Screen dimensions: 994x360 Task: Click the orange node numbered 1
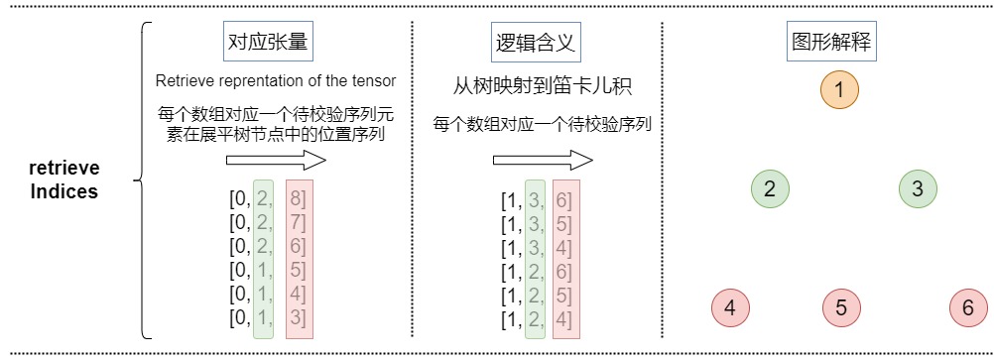(x=838, y=90)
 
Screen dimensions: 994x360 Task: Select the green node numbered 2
(x=770, y=188)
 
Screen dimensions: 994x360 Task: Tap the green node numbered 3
(x=918, y=188)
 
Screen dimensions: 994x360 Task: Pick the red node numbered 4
(x=730, y=308)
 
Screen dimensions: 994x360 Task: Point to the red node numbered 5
(x=841, y=308)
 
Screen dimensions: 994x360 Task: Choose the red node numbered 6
(x=968, y=308)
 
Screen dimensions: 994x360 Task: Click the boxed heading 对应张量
(x=268, y=43)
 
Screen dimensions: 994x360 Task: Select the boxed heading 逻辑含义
(x=535, y=43)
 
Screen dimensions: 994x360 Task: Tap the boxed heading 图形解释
(x=831, y=43)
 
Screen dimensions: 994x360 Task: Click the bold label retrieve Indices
(x=64, y=180)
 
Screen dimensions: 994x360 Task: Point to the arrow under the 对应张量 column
(x=276, y=161)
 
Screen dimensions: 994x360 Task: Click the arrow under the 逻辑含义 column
(x=544, y=161)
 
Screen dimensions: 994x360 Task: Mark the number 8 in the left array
(x=296, y=199)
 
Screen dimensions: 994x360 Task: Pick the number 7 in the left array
(x=296, y=223)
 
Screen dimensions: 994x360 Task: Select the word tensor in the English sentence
(x=377, y=81)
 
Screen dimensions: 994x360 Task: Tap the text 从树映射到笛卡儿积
(x=543, y=86)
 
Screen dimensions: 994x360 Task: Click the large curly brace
(x=143, y=180)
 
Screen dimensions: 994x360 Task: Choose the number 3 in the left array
(x=296, y=317)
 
